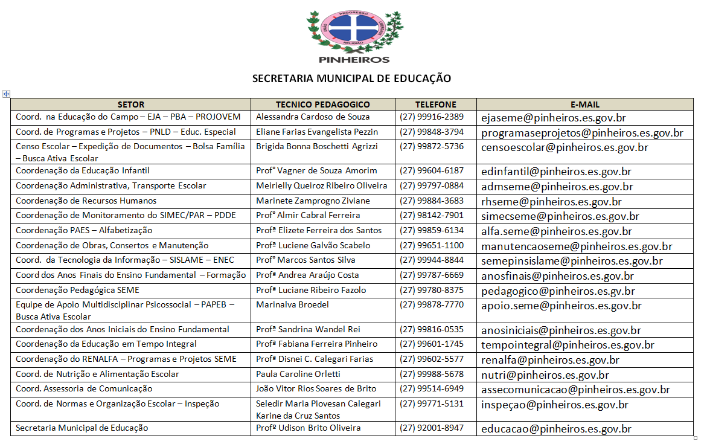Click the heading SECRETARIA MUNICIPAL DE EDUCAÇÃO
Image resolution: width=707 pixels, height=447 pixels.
[351, 79]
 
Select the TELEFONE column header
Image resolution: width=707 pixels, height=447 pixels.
[435, 105]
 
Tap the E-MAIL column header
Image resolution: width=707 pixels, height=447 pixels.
[584, 105]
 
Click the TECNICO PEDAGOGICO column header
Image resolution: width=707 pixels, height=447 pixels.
[322, 105]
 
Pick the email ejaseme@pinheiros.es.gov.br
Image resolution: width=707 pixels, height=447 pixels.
[552, 118]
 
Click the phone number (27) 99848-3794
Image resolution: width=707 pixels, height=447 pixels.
[432, 132]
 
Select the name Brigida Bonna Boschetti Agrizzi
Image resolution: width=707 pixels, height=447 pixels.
[317, 146]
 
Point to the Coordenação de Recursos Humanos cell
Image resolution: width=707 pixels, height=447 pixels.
[86, 201]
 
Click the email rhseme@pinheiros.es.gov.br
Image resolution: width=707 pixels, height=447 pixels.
[551, 202]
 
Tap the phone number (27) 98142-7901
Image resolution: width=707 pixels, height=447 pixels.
[432, 215]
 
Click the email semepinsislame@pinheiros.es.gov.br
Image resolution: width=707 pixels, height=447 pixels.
[572, 261]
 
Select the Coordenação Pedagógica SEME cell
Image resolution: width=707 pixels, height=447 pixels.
[77, 290]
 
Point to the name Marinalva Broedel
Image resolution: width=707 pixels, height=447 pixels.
[292, 304]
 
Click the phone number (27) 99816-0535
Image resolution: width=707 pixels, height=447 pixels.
[432, 329]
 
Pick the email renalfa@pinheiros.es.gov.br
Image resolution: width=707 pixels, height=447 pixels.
[550, 360]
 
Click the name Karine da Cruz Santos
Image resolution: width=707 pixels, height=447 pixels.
[298, 416]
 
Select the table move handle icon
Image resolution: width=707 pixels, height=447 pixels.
[6, 94]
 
